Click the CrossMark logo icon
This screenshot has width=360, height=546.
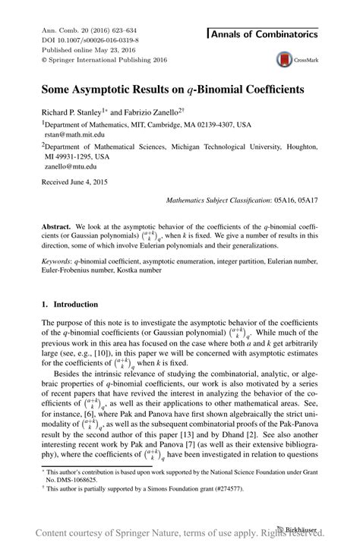coord(284,59)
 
